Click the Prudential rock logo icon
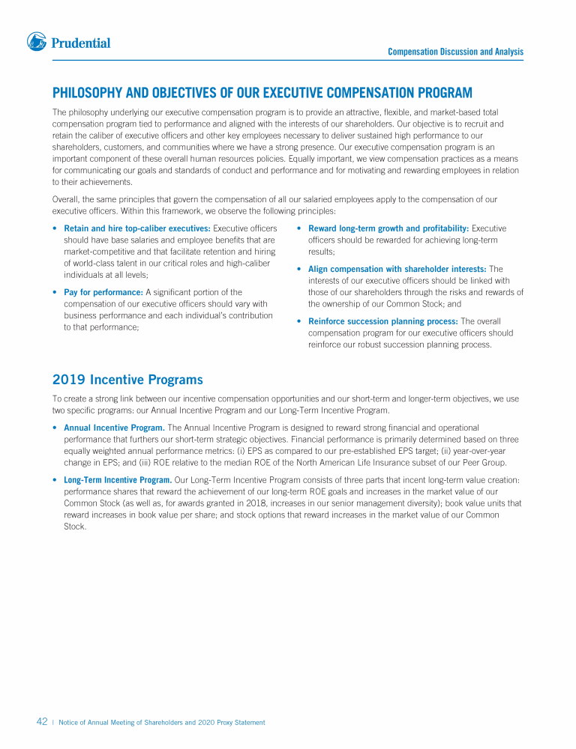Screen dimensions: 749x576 pos(37,42)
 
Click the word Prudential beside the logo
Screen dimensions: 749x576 pos(80,43)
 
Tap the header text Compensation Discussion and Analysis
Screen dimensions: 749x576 pos(455,52)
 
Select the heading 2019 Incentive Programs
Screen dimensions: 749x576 pos(127,380)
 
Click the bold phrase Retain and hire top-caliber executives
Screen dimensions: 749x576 pos(136,228)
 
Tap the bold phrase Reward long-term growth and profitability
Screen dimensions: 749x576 pos(388,228)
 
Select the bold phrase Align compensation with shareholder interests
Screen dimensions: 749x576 pos(397,269)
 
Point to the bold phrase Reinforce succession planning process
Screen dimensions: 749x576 pos(382,321)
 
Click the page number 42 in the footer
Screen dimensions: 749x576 pos(42,722)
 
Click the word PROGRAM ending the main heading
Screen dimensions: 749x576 pos(442,93)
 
